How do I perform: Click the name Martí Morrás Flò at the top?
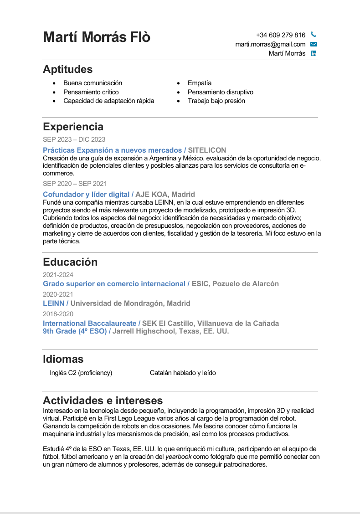tap(97, 37)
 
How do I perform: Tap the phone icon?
tap(313, 35)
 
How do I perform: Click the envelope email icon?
tap(314, 44)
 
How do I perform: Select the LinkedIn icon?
tap(314, 53)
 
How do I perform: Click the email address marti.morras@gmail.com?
tap(270, 44)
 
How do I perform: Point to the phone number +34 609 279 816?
tap(281, 35)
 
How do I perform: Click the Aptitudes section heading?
tap(67, 69)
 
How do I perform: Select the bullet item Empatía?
tap(200, 83)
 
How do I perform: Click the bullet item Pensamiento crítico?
tap(91, 92)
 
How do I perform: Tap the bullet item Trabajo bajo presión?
tap(216, 101)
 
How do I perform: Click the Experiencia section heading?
tap(73, 127)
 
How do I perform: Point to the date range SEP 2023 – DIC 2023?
tap(74, 139)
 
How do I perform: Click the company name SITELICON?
tap(207, 150)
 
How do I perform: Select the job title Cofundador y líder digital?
tap(86, 194)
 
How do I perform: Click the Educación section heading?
tap(70, 262)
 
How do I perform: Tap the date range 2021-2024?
tap(58, 275)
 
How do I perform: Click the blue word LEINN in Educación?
tap(53, 303)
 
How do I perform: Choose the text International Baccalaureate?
tap(89, 324)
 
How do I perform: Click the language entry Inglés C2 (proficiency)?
tap(81, 373)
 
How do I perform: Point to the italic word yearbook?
tap(178, 457)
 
